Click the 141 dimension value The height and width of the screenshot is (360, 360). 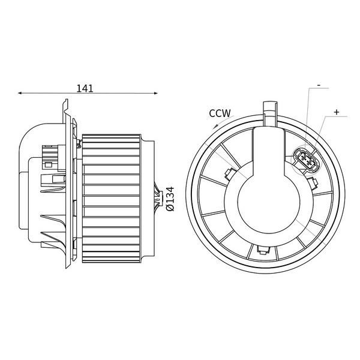tap(85, 88)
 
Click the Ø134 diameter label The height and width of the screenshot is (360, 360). tap(170, 199)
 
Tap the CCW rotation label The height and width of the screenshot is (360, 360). tap(220, 113)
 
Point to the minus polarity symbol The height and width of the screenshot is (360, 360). tap(319, 85)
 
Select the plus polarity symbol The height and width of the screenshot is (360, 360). tap(337, 112)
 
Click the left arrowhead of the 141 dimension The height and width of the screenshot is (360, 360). tap(20, 93)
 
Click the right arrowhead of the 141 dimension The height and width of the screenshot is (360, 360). tap(156, 93)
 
